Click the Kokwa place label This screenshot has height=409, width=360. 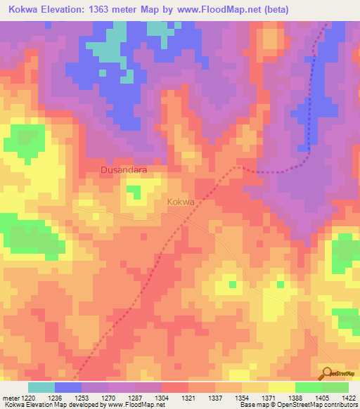pyautogui.click(x=181, y=202)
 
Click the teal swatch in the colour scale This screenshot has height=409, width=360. pyautogui.click(x=41, y=387)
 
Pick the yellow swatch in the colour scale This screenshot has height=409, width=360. pyautogui.click(x=281, y=387)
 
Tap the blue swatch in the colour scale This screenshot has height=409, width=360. pyautogui.click(x=68, y=387)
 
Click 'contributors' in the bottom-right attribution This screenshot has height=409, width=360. pyautogui.click(x=340, y=405)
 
